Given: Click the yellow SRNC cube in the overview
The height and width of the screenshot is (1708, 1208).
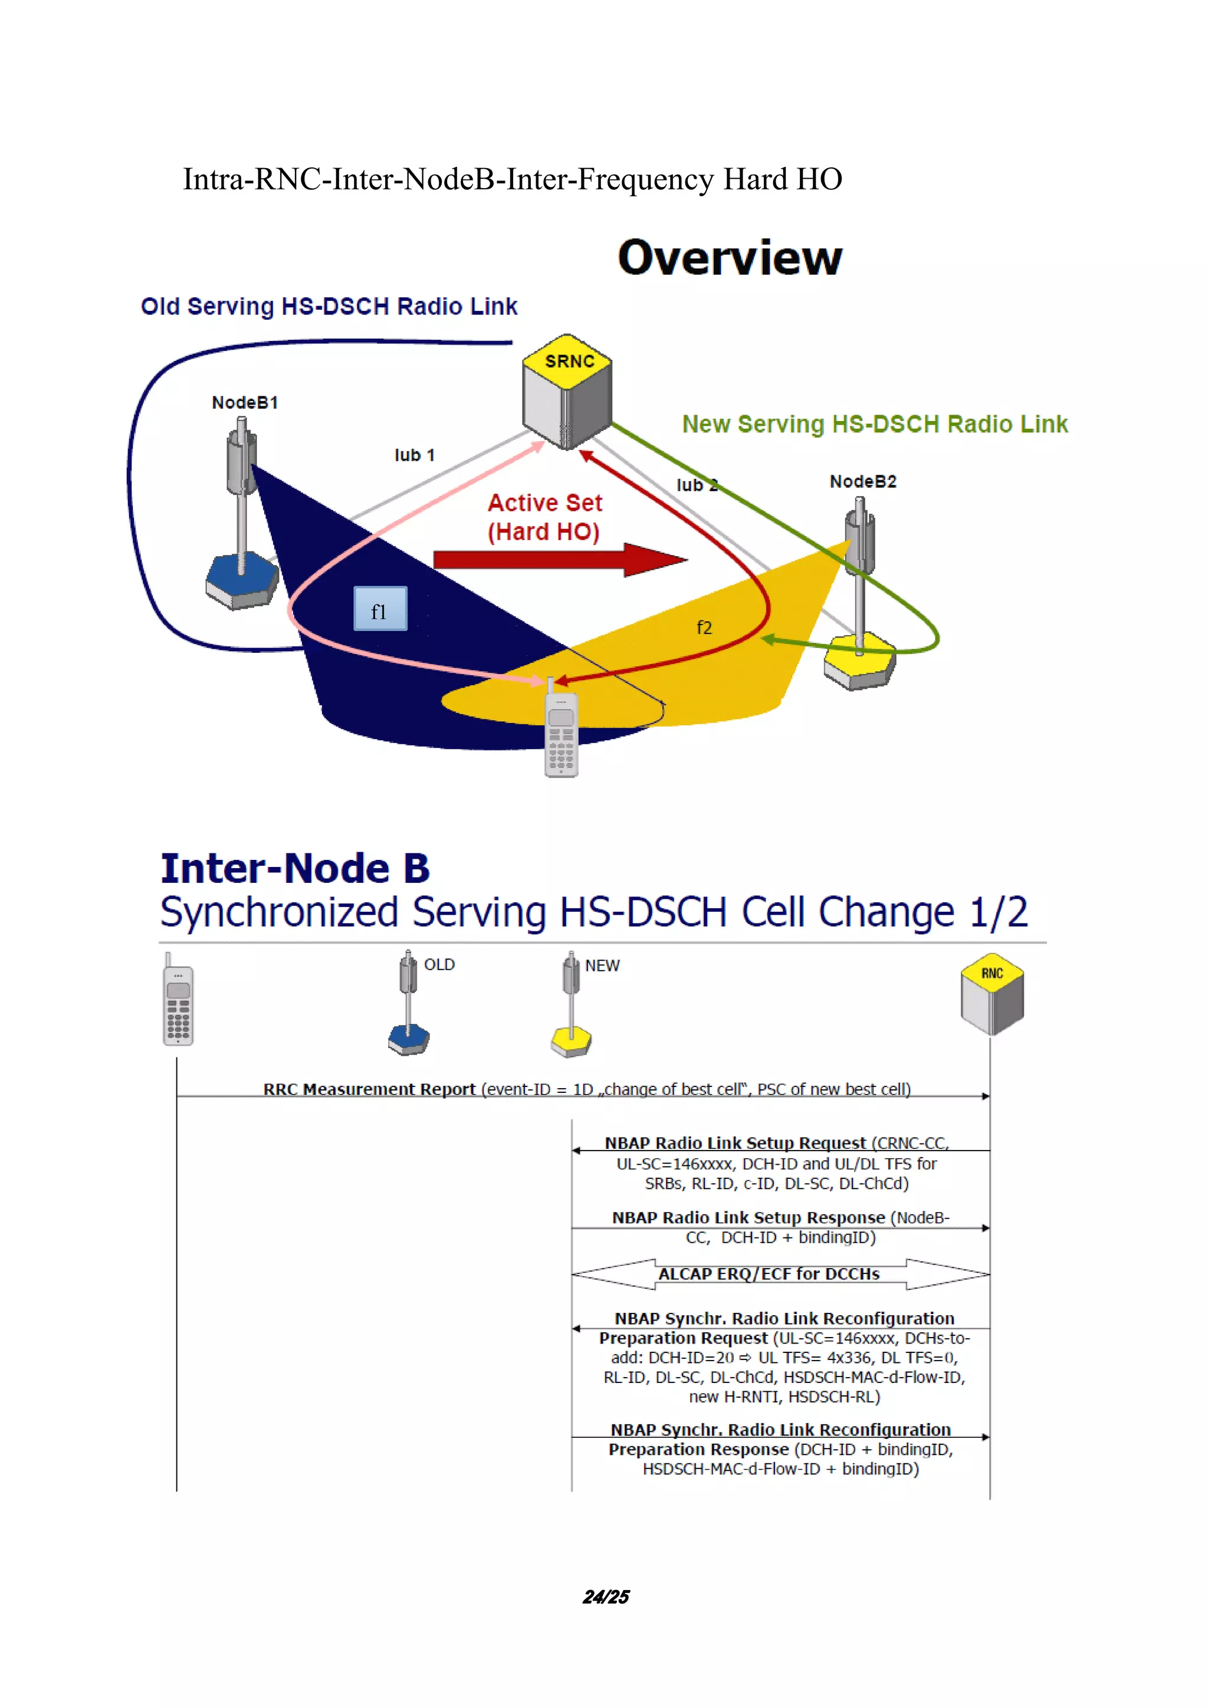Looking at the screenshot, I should click(x=567, y=392).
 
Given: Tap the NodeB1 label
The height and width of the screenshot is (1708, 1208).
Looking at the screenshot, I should click(x=245, y=402).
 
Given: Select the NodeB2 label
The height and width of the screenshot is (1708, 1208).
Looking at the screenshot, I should click(x=863, y=481).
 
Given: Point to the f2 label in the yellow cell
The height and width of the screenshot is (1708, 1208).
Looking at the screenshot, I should click(x=704, y=627).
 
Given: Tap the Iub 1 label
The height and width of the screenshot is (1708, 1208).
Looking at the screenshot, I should click(x=414, y=455).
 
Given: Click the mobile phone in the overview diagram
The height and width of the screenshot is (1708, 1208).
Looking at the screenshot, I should click(x=561, y=733).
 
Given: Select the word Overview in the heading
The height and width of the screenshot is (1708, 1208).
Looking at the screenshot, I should click(x=730, y=257).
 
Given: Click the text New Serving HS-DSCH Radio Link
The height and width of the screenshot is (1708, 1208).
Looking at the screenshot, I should click(x=875, y=424).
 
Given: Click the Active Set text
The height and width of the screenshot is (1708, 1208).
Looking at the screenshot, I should click(x=544, y=503).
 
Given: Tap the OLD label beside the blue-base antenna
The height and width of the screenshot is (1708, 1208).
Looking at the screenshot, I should click(x=439, y=964).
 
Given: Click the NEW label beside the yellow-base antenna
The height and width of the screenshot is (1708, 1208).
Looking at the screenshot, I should click(x=602, y=965).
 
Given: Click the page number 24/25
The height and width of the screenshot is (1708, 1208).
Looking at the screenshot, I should click(x=606, y=1597).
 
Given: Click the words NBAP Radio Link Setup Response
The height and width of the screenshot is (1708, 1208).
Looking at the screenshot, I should click(x=749, y=1218).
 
